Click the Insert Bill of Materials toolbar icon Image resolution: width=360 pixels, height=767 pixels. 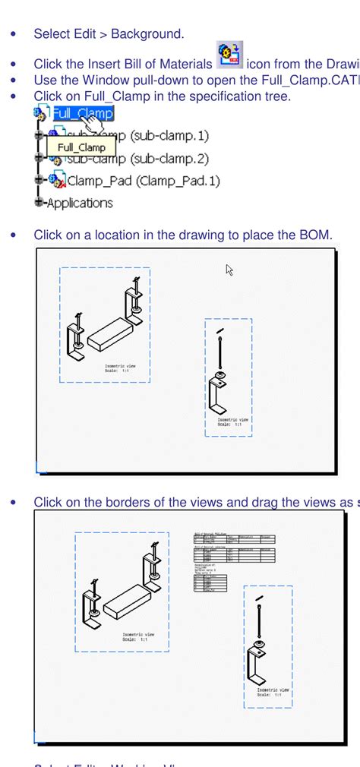tap(229, 56)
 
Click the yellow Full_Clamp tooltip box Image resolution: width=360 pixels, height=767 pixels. tap(81, 147)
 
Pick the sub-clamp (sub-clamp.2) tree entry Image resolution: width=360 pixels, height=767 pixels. tap(137, 159)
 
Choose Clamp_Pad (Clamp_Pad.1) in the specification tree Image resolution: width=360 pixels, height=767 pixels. tap(143, 181)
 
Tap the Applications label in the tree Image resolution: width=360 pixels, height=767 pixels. tap(79, 203)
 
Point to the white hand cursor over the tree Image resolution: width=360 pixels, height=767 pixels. tap(91, 122)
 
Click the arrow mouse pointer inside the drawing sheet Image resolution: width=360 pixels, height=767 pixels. tap(229, 270)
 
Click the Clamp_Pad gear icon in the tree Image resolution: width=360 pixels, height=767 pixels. tap(57, 181)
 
